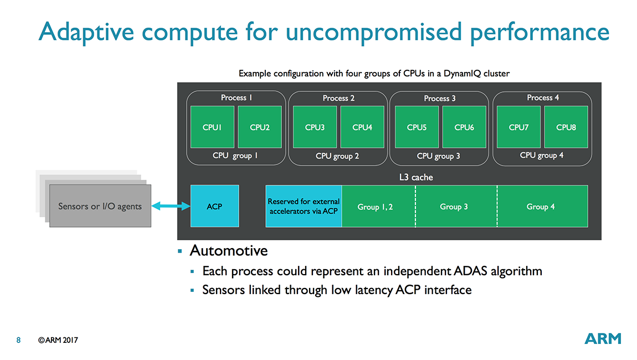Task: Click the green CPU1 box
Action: (213, 127)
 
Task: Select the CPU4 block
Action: (362, 127)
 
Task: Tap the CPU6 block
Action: (464, 127)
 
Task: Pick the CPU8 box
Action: (566, 127)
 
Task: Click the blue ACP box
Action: (214, 206)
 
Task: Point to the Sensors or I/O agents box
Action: (100, 205)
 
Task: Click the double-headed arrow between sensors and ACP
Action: (171, 207)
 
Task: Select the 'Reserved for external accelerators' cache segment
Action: (304, 206)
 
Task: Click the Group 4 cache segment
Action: (542, 206)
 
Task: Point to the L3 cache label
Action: (416, 177)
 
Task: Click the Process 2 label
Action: (338, 98)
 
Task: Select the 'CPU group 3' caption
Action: (438, 156)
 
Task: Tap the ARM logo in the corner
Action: (603, 338)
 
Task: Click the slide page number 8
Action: (18, 340)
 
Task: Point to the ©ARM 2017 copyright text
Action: (58, 340)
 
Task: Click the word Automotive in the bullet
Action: (229, 250)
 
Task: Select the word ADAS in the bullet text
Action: (470, 271)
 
